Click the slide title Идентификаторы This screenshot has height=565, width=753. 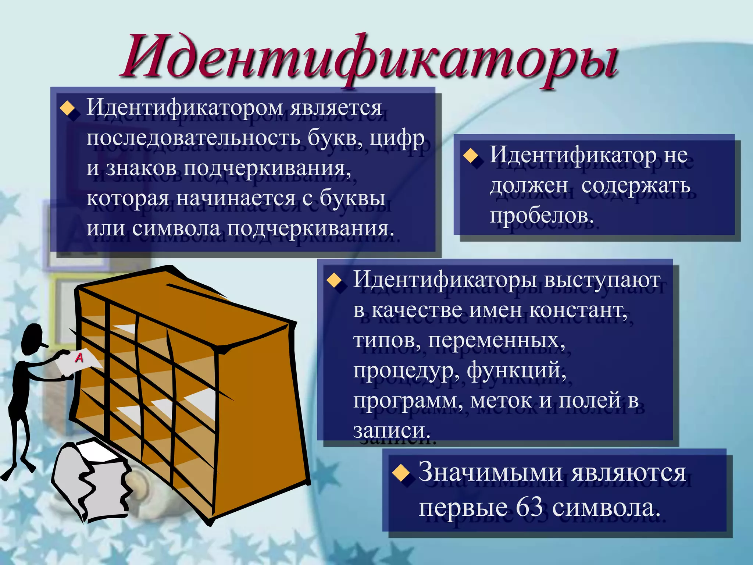pyautogui.click(x=370, y=59)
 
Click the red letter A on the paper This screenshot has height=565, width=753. pyautogui.click(x=79, y=357)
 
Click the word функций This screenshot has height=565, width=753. pyautogui.click(x=517, y=371)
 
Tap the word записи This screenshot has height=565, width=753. pyautogui.click(x=391, y=430)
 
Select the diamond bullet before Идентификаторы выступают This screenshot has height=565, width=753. pyautogui.click(x=334, y=280)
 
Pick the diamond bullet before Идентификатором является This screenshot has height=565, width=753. pyautogui.click(x=67, y=109)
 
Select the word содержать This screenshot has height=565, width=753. pyautogui.click(x=636, y=185)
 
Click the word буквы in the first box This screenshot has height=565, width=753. pyautogui.click(x=352, y=199)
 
